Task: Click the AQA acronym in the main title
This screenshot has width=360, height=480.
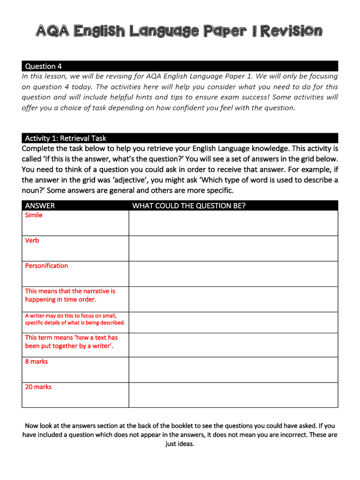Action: tap(52, 32)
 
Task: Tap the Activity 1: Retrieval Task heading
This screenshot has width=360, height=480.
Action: tap(66, 138)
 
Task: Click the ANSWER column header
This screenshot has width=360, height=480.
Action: tap(40, 206)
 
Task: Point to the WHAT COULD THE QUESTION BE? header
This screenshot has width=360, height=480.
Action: tap(189, 206)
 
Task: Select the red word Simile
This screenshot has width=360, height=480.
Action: tap(34, 215)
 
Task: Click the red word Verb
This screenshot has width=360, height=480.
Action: tap(32, 240)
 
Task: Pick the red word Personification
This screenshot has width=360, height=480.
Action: tap(46, 266)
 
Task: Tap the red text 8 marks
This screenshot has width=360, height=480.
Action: tap(37, 361)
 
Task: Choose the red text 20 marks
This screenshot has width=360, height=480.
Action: tap(38, 387)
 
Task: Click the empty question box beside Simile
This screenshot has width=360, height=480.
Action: tap(233, 223)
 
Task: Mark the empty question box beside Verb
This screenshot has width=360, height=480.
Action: tap(233, 248)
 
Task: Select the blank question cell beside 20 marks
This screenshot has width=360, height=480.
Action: tap(233, 395)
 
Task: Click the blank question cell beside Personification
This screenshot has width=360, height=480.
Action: tap(233, 274)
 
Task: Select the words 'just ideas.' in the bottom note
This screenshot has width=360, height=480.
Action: tap(180, 444)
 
